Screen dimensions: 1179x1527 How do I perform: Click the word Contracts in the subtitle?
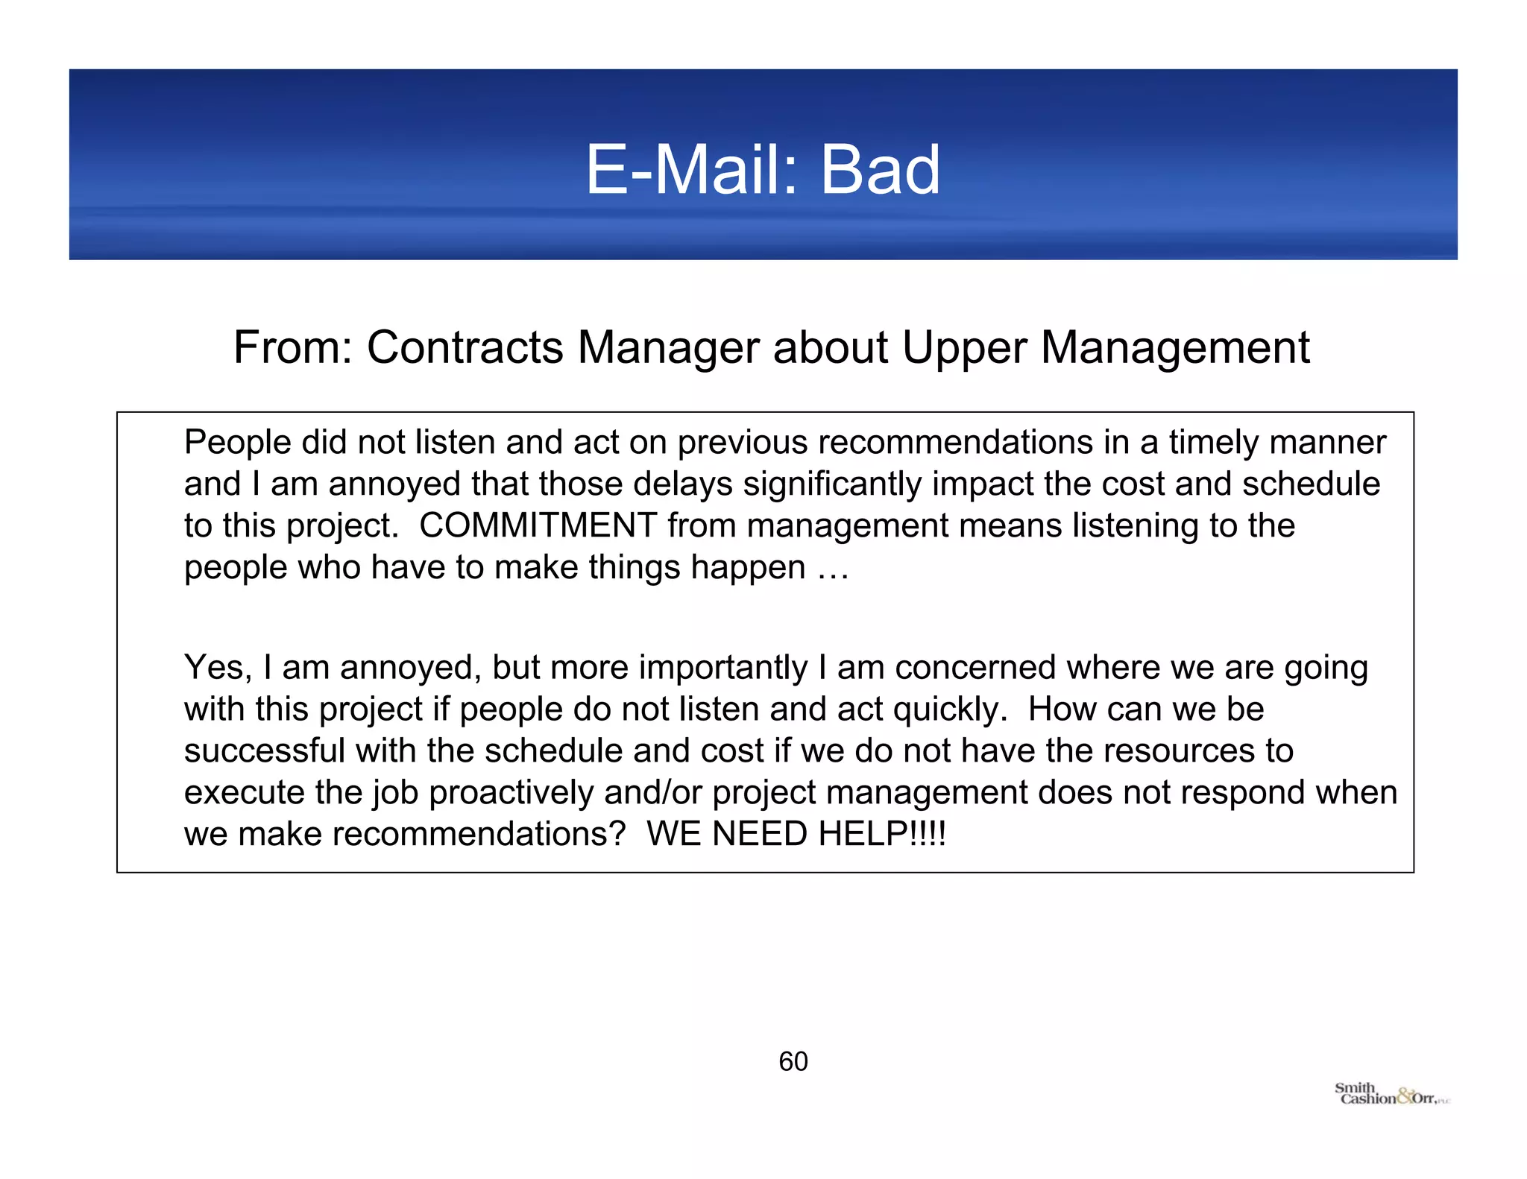pyautogui.click(x=465, y=347)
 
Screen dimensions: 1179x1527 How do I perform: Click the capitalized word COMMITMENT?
pyautogui.click(x=538, y=525)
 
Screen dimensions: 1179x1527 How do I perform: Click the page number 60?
pyautogui.click(x=793, y=1061)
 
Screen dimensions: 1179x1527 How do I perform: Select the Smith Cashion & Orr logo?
pyautogui.click(x=1391, y=1094)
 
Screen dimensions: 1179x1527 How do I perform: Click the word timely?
pyautogui.click(x=1214, y=442)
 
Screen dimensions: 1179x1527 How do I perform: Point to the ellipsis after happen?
pyautogui.click(x=833, y=568)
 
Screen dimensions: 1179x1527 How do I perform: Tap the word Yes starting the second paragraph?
pyautogui.click(x=217, y=667)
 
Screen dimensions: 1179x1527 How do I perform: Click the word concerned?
pyautogui.click(x=975, y=667)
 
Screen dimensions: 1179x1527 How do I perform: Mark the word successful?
pyautogui.click(x=265, y=750)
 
